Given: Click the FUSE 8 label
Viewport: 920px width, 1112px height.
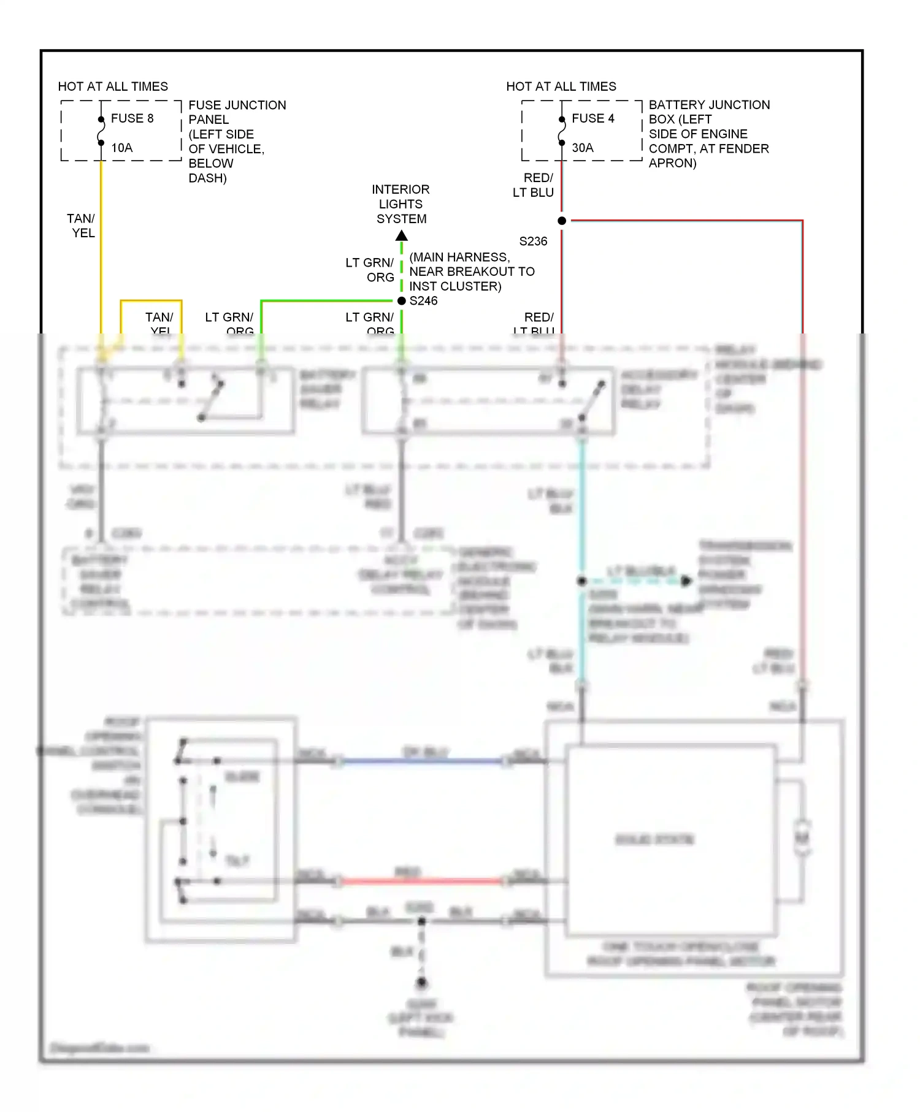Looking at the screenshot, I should coord(132,118).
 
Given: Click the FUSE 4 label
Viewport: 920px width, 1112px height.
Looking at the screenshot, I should coord(592,118).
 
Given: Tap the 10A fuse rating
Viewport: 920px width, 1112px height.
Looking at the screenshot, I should coord(121,148).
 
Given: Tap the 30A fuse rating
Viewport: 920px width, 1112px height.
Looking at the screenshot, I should coord(582,148).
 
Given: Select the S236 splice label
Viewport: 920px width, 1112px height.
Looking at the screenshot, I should coord(533,242).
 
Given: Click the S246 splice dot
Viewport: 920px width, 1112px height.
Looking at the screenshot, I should coord(402,301).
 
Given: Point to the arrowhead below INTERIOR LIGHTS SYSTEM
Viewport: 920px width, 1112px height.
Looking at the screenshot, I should coord(402,235).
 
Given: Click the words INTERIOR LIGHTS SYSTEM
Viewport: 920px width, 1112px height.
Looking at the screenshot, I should coord(401,204).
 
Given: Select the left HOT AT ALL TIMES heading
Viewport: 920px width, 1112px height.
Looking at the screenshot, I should coord(113,86).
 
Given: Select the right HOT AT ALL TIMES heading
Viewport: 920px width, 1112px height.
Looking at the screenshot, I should coord(561,86).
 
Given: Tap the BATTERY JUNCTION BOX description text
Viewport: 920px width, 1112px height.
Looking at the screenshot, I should coord(708,134).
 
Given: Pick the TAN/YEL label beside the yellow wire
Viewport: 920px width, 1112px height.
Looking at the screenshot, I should coord(82,226).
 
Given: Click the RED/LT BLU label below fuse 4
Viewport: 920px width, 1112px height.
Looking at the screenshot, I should coord(534,185).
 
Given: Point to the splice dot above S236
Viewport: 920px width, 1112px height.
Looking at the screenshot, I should coord(562,221).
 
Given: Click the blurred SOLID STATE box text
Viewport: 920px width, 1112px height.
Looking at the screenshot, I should coord(654,839).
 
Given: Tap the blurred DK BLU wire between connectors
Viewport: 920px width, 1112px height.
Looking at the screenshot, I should coord(423,761).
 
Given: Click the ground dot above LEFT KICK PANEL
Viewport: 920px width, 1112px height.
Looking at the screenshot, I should coord(422,983).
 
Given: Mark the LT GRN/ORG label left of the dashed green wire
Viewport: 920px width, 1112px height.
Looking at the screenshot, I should coord(370,270).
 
